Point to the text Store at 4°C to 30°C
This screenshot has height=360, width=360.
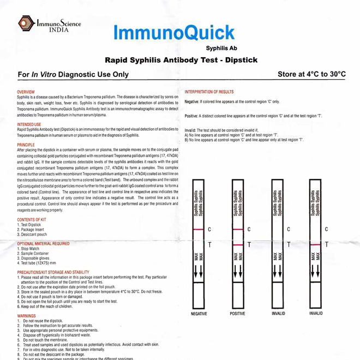pos(311,74)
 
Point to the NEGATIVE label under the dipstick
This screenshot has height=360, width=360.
pos(199,314)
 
